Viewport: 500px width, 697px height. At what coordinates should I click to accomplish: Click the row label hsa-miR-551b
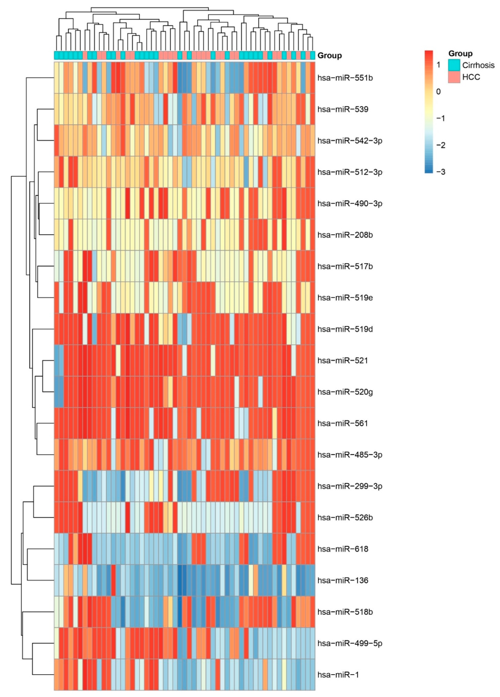point(345,78)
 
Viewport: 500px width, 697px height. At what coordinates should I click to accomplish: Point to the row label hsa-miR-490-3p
point(350,203)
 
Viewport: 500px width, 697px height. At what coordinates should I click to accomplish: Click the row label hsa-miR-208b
point(345,235)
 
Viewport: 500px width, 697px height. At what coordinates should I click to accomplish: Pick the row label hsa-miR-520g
point(345,392)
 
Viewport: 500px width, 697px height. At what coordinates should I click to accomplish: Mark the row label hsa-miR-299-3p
point(350,486)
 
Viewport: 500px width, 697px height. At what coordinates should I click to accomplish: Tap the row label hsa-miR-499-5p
point(350,643)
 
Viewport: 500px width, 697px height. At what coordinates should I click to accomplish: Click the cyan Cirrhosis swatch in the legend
point(454,65)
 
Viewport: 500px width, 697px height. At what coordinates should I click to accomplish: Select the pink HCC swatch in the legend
point(454,77)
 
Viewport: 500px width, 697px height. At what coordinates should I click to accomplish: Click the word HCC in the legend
point(471,77)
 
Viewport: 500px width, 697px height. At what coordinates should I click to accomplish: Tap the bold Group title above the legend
point(460,54)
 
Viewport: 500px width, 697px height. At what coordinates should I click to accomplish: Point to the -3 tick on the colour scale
point(441,172)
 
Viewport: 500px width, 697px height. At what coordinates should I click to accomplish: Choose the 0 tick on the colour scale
point(438,91)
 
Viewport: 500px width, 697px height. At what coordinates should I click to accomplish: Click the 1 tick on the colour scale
point(438,64)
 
